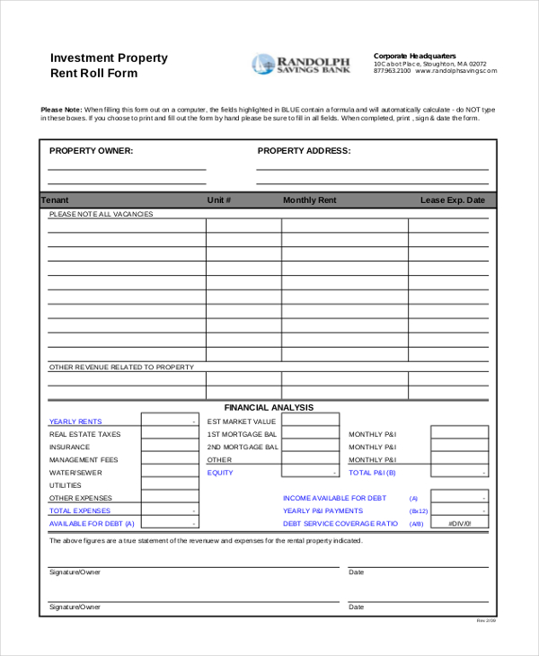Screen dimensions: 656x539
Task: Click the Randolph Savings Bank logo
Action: (x=301, y=64)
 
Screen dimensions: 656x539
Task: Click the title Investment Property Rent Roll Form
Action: (x=108, y=65)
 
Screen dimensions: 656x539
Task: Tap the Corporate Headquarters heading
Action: (x=415, y=56)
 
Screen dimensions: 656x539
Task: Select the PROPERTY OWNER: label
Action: (x=91, y=151)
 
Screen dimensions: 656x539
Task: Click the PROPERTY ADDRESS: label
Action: (x=304, y=151)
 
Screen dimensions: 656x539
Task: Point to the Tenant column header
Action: (x=55, y=200)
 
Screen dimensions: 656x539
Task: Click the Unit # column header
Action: (x=219, y=200)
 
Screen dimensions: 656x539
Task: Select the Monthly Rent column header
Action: (x=309, y=200)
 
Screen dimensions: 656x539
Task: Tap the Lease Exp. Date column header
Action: (x=452, y=200)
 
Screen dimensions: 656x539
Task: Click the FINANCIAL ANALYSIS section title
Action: (x=269, y=407)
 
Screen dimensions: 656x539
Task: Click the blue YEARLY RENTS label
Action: (x=75, y=421)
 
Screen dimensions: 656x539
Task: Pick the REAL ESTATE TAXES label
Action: (x=84, y=434)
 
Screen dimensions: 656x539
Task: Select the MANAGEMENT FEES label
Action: (x=84, y=460)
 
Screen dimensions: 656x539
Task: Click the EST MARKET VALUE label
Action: (x=242, y=421)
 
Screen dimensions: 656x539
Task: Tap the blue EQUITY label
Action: (x=220, y=473)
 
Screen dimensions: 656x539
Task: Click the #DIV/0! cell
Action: (x=458, y=523)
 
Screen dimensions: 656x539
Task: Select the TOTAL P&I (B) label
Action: (x=372, y=473)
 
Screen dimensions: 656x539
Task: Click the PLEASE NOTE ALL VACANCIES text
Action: (x=101, y=214)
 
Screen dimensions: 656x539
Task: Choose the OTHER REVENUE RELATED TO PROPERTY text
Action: (x=121, y=367)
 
